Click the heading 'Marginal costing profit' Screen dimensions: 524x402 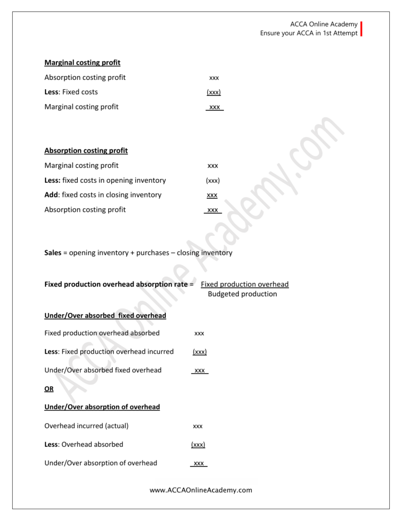point(82,63)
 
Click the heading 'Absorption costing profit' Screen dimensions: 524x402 point(86,150)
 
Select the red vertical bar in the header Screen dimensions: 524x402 point(362,29)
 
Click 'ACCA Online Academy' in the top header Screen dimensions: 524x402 point(323,25)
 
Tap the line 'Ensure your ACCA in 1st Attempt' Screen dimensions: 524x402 point(309,34)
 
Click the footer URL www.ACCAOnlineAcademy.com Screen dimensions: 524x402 point(201,490)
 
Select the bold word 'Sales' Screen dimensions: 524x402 point(53,253)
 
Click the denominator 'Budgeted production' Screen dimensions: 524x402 point(242,294)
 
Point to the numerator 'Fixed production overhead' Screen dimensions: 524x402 point(245,285)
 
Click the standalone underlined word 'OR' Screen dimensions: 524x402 point(49,388)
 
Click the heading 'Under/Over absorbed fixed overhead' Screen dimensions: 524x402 point(105,316)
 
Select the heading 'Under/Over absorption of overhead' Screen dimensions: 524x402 point(102,407)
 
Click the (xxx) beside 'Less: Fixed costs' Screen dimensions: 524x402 point(214,92)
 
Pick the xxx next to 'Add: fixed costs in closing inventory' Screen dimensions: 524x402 point(212,195)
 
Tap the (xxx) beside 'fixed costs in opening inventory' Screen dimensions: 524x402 point(213,181)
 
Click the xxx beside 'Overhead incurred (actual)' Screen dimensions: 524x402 point(198,426)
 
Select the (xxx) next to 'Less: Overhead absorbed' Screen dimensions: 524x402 point(198,445)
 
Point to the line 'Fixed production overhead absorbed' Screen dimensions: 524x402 point(102,333)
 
